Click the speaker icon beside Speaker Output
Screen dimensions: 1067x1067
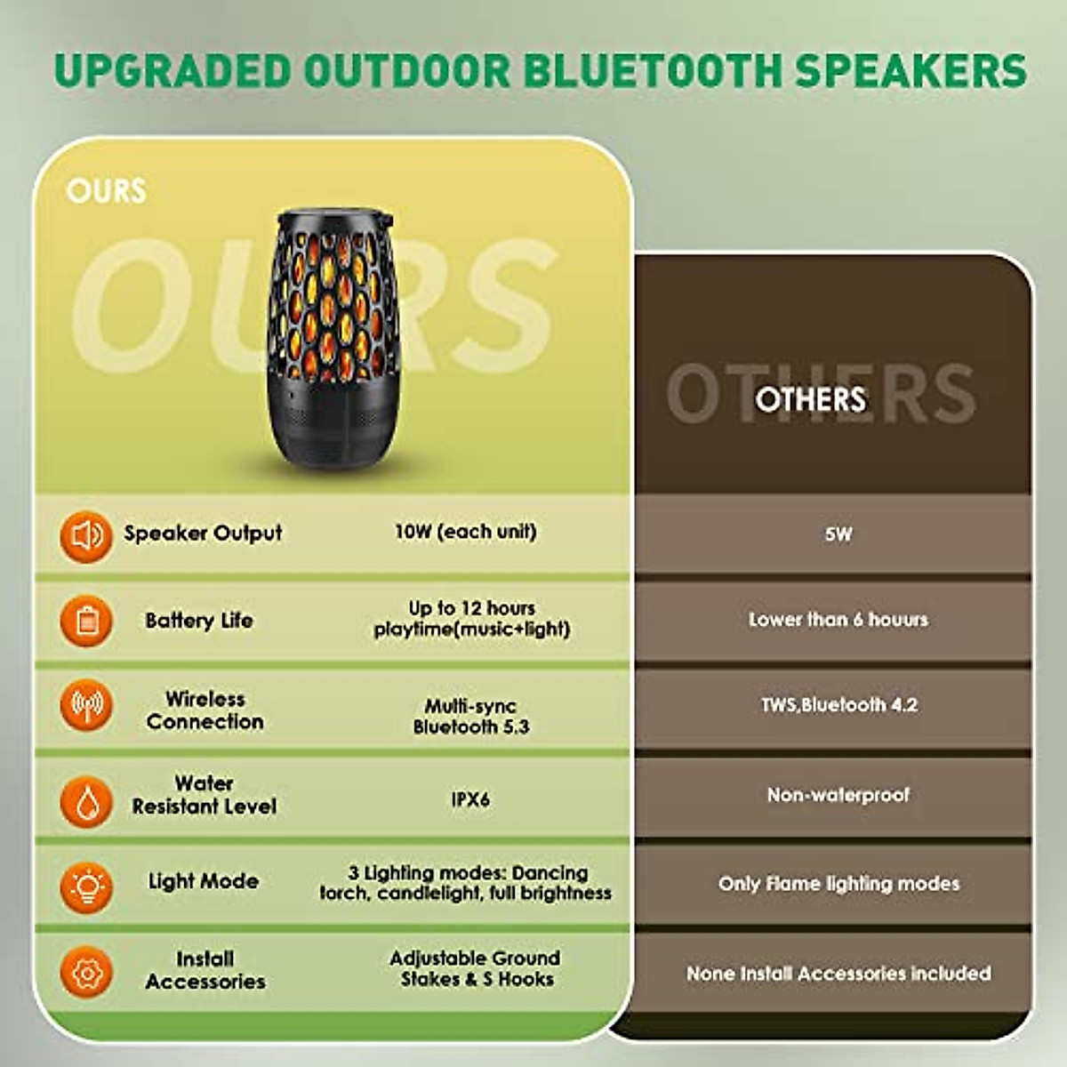coord(86,535)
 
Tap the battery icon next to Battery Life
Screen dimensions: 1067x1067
coord(86,621)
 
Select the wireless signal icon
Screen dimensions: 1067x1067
coord(86,706)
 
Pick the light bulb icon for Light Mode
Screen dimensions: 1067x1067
coord(86,886)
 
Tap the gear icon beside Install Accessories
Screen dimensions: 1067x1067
coord(86,972)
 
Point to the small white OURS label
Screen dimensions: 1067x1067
coord(106,190)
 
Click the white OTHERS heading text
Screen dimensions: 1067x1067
coord(810,398)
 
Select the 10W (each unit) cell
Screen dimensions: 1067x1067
coord(465,532)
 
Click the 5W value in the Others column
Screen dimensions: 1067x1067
coord(838,534)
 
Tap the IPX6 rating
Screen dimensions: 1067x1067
coord(470,799)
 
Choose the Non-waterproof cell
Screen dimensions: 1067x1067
coord(838,795)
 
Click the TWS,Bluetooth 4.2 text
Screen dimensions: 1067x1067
coord(838,705)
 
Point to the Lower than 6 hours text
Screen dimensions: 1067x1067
coord(838,620)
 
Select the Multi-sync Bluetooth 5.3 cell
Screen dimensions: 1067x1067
coord(470,717)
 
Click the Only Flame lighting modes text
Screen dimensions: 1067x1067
coord(838,884)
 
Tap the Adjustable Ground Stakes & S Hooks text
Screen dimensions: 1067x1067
coord(476,968)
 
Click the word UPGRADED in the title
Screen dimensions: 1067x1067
coord(172,71)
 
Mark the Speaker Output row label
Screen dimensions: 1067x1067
coord(203,533)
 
